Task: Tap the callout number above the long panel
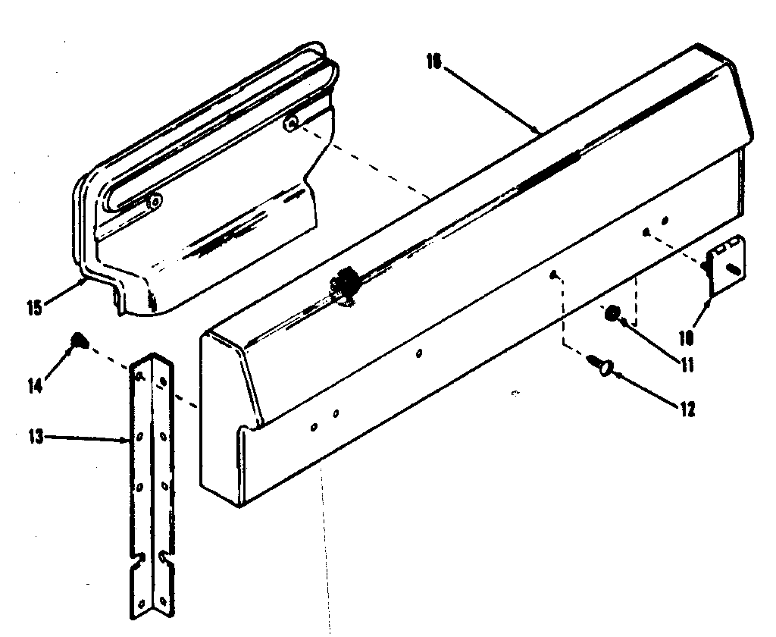pos(433,62)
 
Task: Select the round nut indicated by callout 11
pos(612,312)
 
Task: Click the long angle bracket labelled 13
pos(152,485)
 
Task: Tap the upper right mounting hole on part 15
pos(291,123)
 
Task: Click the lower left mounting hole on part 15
pos(154,201)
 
